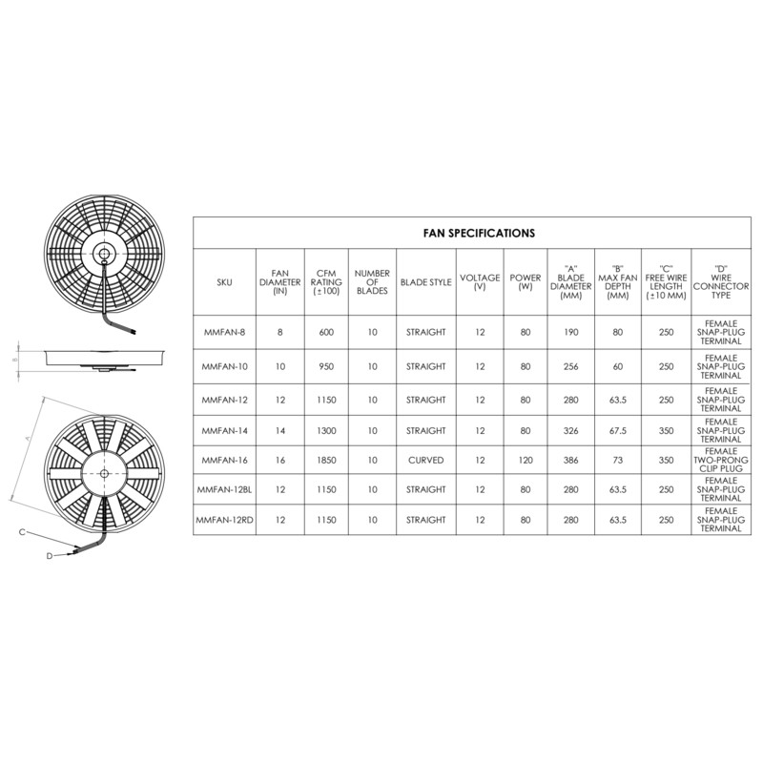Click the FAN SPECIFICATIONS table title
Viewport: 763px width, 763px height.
(x=479, y=233)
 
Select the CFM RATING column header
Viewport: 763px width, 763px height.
(x=325, y=282)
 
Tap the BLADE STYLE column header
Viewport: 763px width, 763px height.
(x=425, y=282)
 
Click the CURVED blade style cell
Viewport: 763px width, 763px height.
(x=425, y=460)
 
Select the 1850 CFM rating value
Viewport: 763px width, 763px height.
(x=325, y=460)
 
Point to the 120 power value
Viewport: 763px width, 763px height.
(x=526, y=460)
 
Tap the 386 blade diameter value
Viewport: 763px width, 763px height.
(x=571, y=460)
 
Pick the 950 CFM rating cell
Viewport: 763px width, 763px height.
(x=325, y=366)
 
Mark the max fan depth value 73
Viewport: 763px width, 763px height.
(x=617, y=460)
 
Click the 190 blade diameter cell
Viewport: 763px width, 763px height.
(x=571, y=332)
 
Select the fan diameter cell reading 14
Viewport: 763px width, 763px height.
(x=280, y=430)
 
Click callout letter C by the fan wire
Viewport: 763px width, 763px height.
(x=21, y=532)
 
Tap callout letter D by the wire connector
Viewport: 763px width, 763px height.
(x=49, y=555)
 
